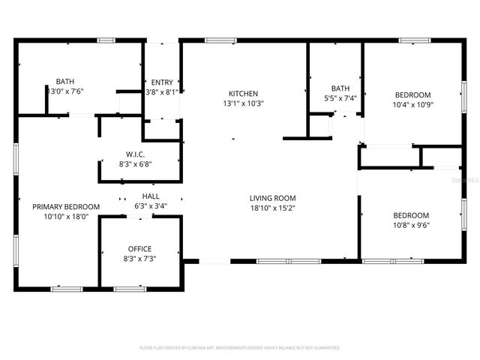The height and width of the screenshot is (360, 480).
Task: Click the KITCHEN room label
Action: (243, 94)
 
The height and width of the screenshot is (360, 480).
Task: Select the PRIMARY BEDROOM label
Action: (66, 206)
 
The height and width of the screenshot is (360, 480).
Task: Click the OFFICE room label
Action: (139, 249)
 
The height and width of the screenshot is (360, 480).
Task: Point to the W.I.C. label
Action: (135, 154)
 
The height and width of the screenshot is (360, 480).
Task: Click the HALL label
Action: (151, 196)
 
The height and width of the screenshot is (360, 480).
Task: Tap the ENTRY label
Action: (162, 82)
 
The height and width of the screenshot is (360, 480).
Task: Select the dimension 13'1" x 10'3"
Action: (243, 103)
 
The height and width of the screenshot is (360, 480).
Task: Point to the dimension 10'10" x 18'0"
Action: (66, 216)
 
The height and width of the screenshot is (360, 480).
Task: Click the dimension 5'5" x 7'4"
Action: (340, 98)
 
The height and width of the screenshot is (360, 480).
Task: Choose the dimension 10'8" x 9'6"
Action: (411, 224)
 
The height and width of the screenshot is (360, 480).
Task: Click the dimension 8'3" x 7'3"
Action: (139, 259)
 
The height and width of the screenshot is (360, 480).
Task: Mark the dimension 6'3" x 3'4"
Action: (151, 206)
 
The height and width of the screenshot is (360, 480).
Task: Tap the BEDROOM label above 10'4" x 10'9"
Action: (412, 94)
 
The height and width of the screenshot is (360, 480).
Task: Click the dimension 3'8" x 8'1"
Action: (162, 92)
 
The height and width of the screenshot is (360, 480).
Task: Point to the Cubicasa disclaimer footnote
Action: (240, 348)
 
